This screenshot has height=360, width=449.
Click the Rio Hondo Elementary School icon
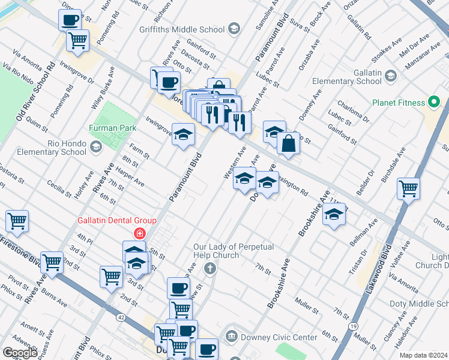[x=95, y=147]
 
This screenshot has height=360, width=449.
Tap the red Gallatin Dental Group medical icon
[x=139, y=233]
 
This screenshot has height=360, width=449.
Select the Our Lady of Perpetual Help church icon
[x=210, y=268]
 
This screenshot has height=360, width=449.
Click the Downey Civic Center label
[x=279, y=337]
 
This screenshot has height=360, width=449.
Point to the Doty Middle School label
[x=418, y=305]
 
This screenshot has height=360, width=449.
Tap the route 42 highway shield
[x=121, y=316]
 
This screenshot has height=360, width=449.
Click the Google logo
[x=20, y=353]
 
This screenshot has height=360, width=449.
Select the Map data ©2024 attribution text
[x=423, y=355]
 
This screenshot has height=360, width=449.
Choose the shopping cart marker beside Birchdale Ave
[x=408, y=188]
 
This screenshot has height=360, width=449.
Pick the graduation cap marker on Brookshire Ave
[x=334, y=215]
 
